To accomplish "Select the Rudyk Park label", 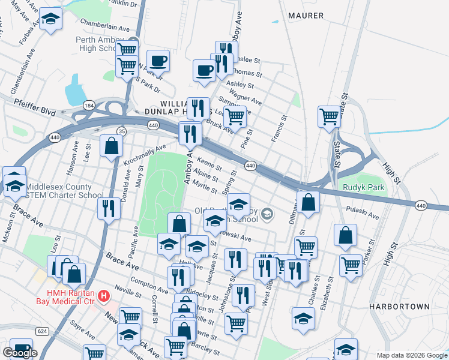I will point(363,187).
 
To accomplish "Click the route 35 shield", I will point(122,131).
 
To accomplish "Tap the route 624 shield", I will point(42,331).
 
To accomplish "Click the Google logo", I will point(20,352).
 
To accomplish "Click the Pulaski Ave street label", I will point(363,212).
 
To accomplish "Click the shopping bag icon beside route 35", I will point(112,146).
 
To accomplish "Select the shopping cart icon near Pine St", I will point(234,116).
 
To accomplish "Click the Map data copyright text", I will point(411,355).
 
